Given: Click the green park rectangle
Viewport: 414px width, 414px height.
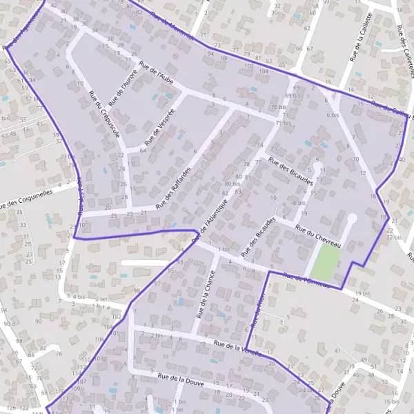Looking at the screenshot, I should (326, 262).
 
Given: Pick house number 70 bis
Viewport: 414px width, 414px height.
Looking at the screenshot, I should (278, 108).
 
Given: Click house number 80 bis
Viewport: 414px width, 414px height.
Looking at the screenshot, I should (233, 184).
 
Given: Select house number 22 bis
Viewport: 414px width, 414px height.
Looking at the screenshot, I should (394, 237).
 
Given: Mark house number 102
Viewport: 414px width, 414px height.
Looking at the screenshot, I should (116, 316).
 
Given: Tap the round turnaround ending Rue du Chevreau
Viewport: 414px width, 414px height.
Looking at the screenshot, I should (351, 219).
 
